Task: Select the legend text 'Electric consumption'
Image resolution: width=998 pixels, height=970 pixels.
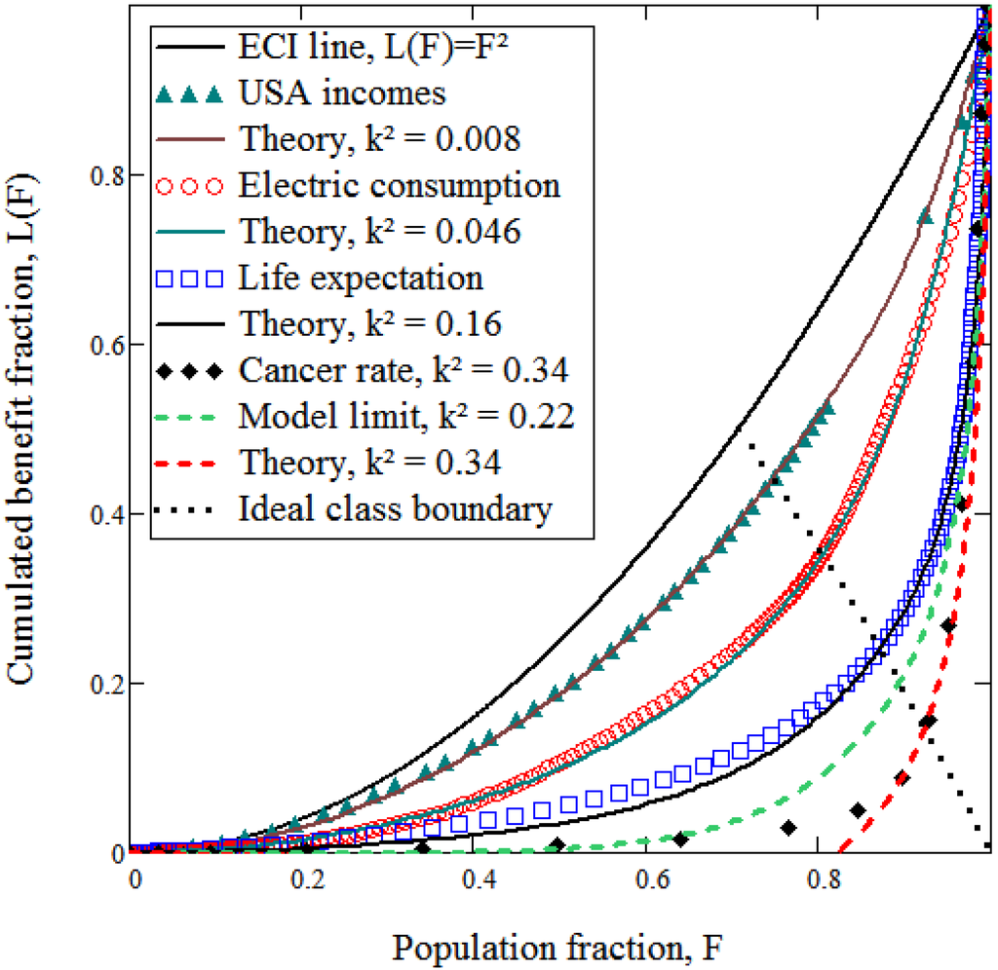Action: tap(399, 185)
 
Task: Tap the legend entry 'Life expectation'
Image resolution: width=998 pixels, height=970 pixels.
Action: tap(361, 278)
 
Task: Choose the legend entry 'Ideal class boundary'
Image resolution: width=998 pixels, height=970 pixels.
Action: tap(396, 508)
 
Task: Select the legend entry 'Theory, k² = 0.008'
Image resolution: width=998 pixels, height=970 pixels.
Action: tap(378, 139)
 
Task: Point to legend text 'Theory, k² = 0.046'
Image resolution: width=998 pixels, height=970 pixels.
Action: tap(378, 232)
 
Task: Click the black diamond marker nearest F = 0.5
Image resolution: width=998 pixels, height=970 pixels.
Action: tap(557, 843)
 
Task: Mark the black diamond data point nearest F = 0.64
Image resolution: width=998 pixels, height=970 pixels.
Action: tap(680, 839)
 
